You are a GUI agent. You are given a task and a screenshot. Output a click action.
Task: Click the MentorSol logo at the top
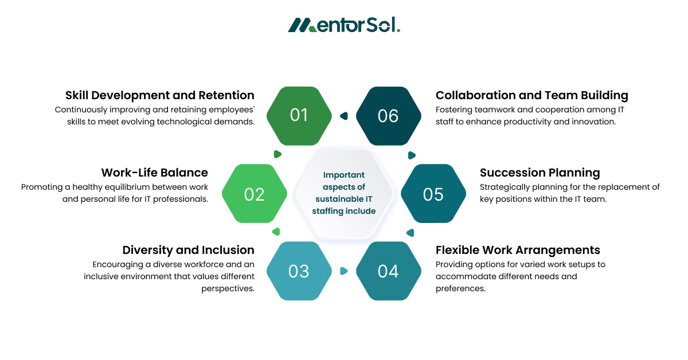[344, 25]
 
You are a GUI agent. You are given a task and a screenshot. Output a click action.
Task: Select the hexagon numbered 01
[299, 116]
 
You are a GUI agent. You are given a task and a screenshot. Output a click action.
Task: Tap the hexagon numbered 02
[254, 194]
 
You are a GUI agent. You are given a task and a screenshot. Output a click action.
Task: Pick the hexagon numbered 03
[299, 271]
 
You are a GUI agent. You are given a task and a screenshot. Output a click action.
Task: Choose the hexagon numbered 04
[388, 271]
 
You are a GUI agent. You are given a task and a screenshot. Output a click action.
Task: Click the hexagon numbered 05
[433, 194]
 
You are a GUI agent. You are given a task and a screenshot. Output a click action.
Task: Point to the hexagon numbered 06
[388, 116]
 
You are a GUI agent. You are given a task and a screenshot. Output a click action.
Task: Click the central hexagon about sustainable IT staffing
[344, 193]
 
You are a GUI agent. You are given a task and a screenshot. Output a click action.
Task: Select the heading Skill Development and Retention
[160, 95]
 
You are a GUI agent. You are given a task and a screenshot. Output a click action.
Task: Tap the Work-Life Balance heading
[155, 173]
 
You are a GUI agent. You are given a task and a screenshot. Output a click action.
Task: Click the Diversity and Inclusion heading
[189, 250]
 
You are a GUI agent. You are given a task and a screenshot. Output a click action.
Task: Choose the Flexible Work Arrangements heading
[518, 250]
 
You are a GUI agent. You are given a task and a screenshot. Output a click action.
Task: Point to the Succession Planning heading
[540, 173]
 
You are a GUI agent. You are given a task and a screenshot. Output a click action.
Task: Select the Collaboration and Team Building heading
[531, 95]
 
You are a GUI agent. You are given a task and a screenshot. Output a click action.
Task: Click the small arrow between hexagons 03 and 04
[344, 271]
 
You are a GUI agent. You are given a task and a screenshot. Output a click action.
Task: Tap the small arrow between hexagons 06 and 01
[343, 116]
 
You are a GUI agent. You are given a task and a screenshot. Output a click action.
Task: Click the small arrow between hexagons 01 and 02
[277, 154]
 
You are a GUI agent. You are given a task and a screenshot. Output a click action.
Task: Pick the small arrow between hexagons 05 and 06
[411, 155]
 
